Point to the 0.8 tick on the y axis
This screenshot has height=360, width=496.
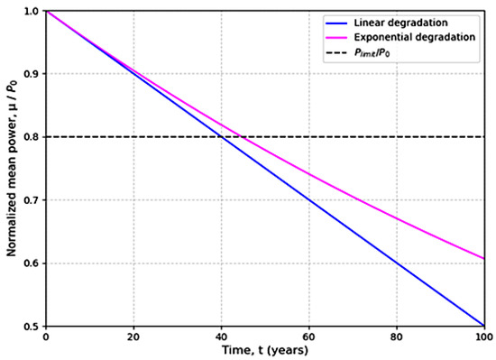click(x=32, y=136)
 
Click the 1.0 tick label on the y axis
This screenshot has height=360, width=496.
click(x=32, y=11)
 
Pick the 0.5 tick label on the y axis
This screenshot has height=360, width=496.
click(x=32, y=326)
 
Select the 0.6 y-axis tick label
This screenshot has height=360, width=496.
click(x=32, y=263)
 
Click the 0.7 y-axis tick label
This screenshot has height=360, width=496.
click(x=32, y=199)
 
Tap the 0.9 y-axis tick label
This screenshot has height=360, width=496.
click(x=32, y=73)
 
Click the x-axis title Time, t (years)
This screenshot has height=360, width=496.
click(x=264, y=352)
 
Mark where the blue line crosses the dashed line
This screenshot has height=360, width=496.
click(x=221, y=136)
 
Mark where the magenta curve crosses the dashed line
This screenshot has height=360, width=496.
click(x=241, y=136)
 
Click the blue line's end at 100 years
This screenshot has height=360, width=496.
click(x=484, y=326)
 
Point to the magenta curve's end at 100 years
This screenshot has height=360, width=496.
click(x=484, y=258)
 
